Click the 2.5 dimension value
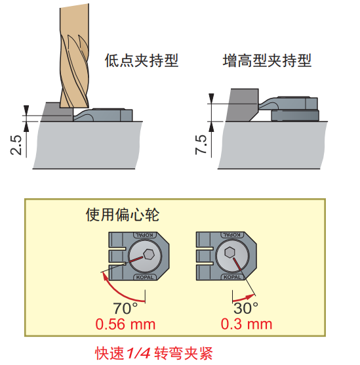pyautogui.click(x=16, y=145)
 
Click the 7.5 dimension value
pyautogui.click(x=201, y=144)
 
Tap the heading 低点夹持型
pyautogui.click(x=142, y=60)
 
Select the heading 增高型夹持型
pyautogui.click(x=267, y=60)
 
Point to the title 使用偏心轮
pyautogui.click(x=123, y=215)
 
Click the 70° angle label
pyautogui.click(x=125, y=308)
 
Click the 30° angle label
pyautogui.click(x=246, y=308)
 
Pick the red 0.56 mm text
pyautogui.click(x=125, y=324)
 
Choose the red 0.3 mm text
pyautogui.click(x=247, y=324)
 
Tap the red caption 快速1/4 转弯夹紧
pyautogui.click(x=154, y=353)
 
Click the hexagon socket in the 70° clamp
pyautogui.click(x=149, y=254)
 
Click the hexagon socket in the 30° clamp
pyautogui.click(x=230, y=252)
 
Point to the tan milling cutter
pyautogui.click(x=75, y=56)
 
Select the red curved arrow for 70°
pyautogui.click(x=121, y=293)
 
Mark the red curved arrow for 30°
pyautogui.click(x=243, y=298)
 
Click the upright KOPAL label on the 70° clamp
pyautogui.click(x=145, y=277)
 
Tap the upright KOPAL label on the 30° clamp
pyautogui.click(x=232, y=277)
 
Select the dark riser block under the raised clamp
pyautogui.click(x=295, y=116)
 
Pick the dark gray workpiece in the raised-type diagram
pyautogui.click(x=242, y=105)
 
